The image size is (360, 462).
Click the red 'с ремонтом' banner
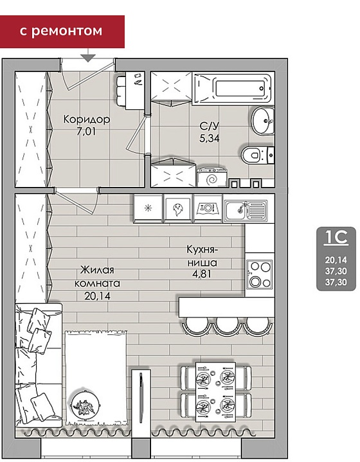pos(62,31)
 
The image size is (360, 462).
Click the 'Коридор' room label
pos(87,120)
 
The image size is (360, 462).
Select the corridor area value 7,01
pos(86,132)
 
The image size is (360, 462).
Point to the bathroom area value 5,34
pos(210,138)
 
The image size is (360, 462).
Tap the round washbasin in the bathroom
pos(264,121)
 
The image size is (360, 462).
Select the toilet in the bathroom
pos(258,155)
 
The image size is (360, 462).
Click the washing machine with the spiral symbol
pos(212,178)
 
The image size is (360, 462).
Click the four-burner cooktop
pos(260,274)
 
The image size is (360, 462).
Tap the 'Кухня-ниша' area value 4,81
pos(202,274)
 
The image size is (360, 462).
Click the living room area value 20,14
pos(97,296)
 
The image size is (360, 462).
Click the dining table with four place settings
pos(215,392)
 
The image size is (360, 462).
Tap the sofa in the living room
pos(39,365)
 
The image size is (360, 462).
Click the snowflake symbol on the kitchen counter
pos(148,208)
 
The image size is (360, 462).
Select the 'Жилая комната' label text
pos(97,276)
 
